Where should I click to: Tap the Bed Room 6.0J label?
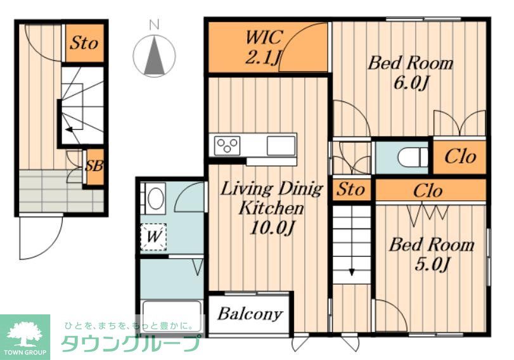coord(410,73)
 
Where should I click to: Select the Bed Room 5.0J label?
coord(432,254)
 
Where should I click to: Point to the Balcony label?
coord(250,314)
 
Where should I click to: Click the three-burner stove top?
coord(227,146)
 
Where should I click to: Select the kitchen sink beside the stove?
coord(281,146)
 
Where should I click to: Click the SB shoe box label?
coord(94,166)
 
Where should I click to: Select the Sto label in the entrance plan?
coord(84,42)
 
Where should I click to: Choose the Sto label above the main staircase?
coord(350,189)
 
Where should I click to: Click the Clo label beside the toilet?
coord(460,157)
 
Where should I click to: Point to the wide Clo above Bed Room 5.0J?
coord(428,191)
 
